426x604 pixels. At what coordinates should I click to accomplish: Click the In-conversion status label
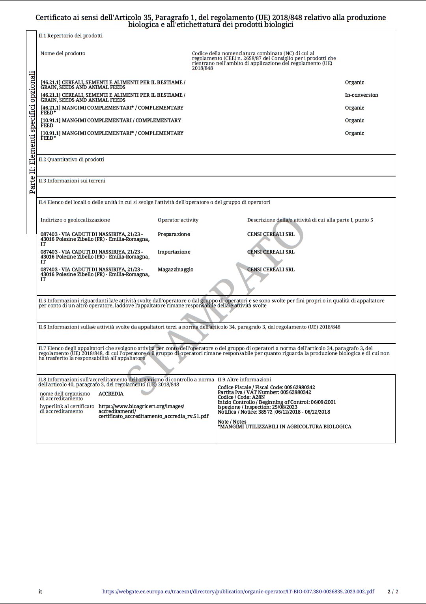[x=361, y=95]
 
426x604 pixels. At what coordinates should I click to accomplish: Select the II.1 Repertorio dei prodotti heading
[x=71, y=36]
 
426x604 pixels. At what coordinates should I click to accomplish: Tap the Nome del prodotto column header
[x=63, y=54]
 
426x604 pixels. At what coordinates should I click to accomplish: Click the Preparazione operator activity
[x=174, y=234]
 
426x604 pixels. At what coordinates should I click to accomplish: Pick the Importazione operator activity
[x=174, y=252]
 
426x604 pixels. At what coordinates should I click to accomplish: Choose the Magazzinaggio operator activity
[x=175, y=270]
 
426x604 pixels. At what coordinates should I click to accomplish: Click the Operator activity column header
[x=178, y=220]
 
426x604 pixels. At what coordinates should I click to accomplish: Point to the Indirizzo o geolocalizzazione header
[x=75, y=220]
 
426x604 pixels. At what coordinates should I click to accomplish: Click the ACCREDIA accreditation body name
[x=111, y=394]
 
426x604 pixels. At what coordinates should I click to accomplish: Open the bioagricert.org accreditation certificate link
[x=153, y=411]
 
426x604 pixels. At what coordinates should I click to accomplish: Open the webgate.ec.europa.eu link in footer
[x=238, y=592]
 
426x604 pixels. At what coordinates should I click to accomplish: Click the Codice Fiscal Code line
[x=266, y=388]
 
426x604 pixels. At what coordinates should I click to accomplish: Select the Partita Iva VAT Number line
[x=264, y=392]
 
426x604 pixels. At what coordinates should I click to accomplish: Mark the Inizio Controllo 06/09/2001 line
[x=277, y=402]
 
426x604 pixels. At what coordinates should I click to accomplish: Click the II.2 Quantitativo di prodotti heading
[x=71, y=160]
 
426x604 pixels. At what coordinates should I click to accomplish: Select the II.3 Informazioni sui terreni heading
[x=72, y=181]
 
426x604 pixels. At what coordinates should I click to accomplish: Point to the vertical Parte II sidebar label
[x=32, y=132]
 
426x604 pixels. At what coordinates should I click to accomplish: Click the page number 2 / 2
[x=393, y=592]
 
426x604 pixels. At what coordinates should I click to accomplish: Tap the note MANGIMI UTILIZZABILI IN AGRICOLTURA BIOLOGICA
[x=284, y=427]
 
